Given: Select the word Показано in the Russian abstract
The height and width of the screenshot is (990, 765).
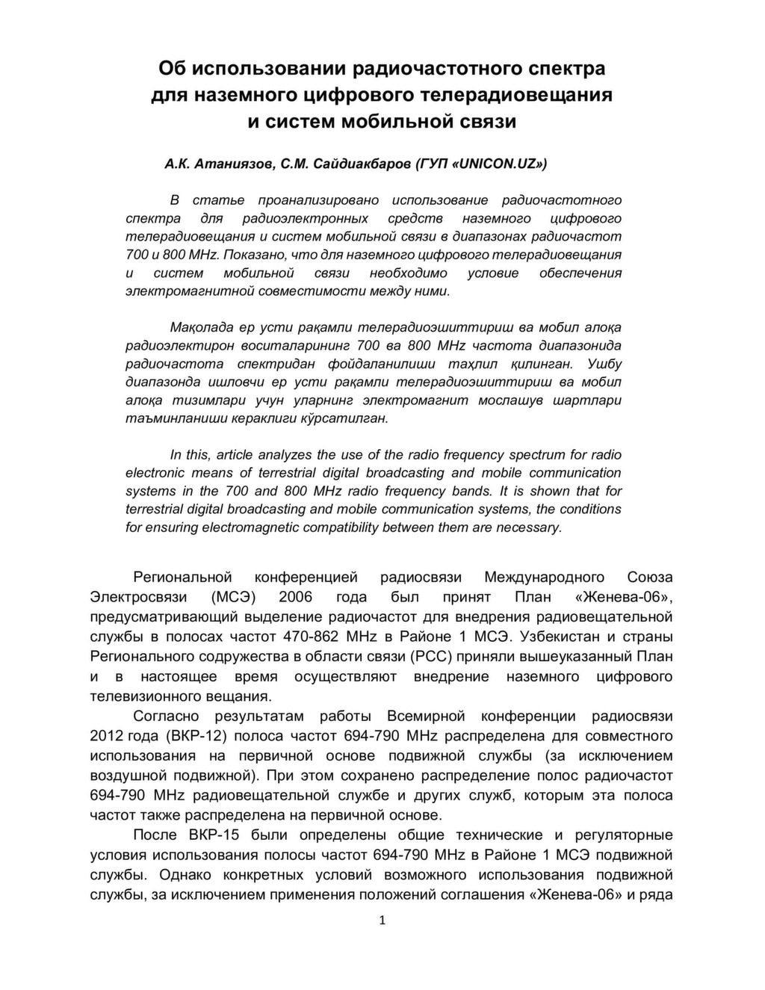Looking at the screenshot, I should point(250,255).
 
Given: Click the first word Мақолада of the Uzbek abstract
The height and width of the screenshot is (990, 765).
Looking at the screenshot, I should point(199,328).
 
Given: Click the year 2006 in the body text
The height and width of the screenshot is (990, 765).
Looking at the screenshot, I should point(295,597).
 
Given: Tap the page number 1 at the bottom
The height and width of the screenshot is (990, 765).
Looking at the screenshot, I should point(382,921).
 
